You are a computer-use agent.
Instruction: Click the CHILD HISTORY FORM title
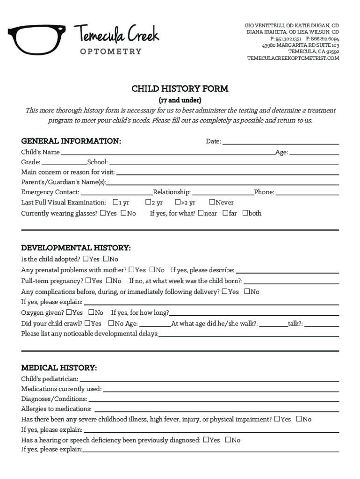[x=180, y=88]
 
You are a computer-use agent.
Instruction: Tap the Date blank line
[x=280, y=141]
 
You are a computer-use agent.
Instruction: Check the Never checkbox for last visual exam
[x=212, y=202]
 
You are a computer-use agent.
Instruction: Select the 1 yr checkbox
[x=115, y=202]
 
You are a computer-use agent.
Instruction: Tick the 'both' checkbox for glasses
[x=245, y=213]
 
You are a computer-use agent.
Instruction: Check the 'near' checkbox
[x=201, y=213]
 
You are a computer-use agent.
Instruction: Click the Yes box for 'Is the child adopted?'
[x=86, y=259]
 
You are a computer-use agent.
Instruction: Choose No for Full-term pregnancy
[x=108, y=281]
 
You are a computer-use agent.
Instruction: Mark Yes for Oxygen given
[x=69, y=312]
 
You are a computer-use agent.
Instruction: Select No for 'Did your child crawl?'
[x=111, y=323]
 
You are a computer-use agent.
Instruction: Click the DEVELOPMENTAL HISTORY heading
[x=76, y=248]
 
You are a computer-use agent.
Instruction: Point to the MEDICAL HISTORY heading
[x=59, y=368]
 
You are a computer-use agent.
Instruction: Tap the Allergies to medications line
[x=216, y=409]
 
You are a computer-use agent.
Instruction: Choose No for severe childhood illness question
[x=299, y=419]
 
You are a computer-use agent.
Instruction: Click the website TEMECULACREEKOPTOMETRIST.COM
[x=293, y=58]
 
